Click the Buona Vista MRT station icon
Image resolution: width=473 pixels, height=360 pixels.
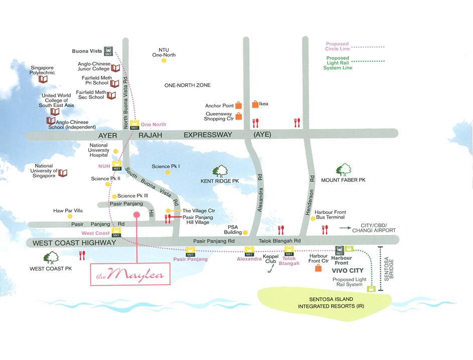(x=108, y=51)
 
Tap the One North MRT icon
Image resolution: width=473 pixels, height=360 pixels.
(x=134, y=125)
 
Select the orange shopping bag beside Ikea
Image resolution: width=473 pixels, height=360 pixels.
(x=255, y=104)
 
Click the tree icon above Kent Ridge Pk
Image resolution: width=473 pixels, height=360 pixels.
(x=220, y=171)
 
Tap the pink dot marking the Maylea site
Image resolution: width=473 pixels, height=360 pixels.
(x=136, y=214)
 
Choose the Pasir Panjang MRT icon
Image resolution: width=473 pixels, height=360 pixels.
(x=190, y=251)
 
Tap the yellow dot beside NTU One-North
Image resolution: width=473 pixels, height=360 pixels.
(x=164, y=60)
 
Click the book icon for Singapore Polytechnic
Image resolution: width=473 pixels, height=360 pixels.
(x=43, y=79)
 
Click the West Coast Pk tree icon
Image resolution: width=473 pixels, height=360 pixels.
(x=51, y=258)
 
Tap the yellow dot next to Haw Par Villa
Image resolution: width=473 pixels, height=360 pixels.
(x=70, y=216)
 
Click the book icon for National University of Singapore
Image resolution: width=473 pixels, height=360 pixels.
(x=63, y=173)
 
